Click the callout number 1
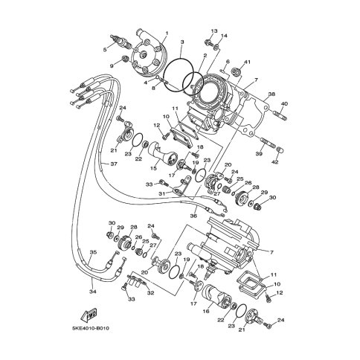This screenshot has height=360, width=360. point(167,33)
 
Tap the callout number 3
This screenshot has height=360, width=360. point(181,43)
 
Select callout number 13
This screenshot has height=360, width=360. point(213,31)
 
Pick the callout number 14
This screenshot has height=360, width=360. point(225,36)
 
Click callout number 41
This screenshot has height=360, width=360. point(248,62)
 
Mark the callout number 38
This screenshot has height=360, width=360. point(271,94)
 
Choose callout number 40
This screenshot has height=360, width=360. point(284,103)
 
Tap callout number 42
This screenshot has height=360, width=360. point(274,161)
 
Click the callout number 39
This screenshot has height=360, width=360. point(259,153)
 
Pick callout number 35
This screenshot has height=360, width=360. point(93,253)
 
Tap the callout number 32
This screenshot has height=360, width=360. point(151,292)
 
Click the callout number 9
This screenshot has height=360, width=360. point(113,66)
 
